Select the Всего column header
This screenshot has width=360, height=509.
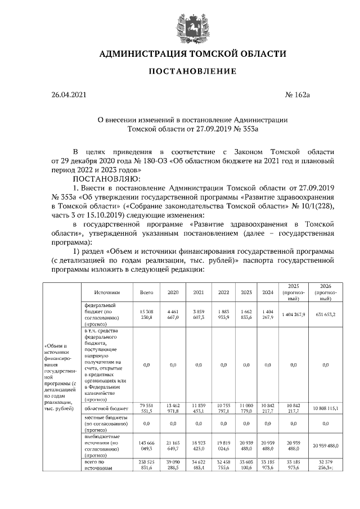(146, 292)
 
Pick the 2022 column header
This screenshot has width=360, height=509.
(223, 292)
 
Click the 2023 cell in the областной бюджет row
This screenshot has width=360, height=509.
(246, 408)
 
